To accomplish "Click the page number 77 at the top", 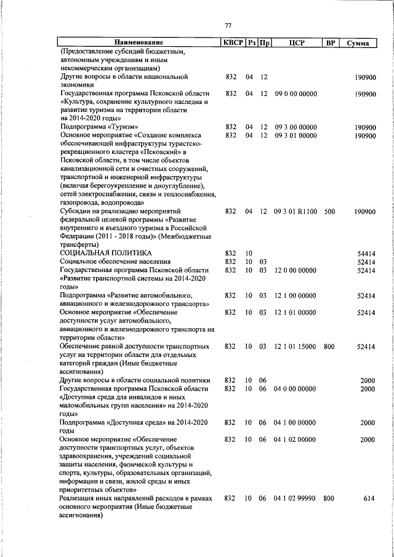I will click(228, 25).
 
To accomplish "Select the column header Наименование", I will click(139, 43).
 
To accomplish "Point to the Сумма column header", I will click(358, 43).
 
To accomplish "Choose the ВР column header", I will click(330, 43).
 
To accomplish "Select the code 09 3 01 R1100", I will click(295, 212).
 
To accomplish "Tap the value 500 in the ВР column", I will click(329, 212).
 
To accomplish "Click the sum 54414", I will click(366, 253).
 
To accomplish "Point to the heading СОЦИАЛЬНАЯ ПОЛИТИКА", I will click(105, 253).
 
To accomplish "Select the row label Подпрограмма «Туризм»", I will click(95, 127).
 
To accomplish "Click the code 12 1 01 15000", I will click(295, 347).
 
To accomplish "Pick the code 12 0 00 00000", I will click(295, 270).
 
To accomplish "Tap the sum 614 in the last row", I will click(369, 499).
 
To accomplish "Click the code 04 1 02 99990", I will click(295, 499).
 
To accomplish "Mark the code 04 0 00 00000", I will click(295, 389).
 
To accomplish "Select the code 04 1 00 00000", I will click(295, 423).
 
